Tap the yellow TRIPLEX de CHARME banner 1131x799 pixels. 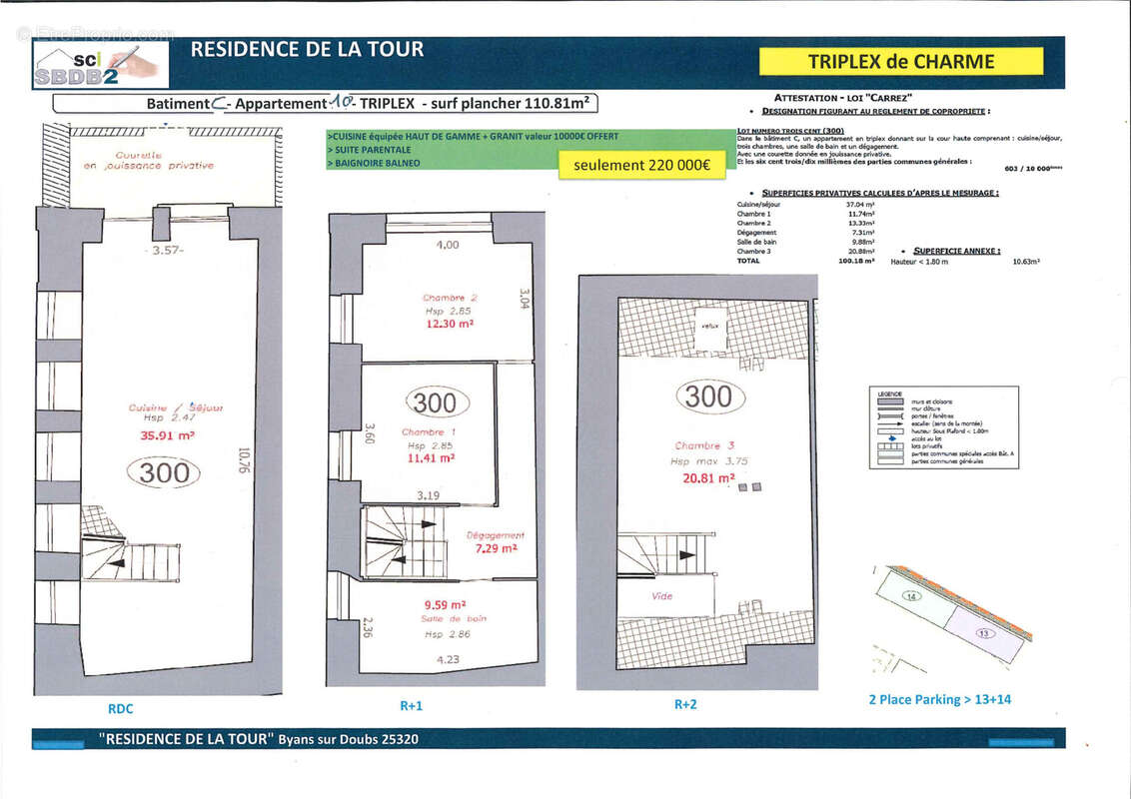pyautogui.click(x=900, y=62)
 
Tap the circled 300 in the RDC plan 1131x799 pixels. pyautogui.click(x=164, y=473)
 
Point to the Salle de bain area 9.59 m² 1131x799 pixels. pyautogui.click(x=445, y=604)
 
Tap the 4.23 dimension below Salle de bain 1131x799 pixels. pyautogui.click(x=449, y=659)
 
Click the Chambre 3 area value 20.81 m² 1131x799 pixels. pyautogui.click(x=705, y=478)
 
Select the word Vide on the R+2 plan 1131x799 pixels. pyautogui.click(x=661, y=596)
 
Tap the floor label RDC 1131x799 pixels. pyautogui.click(x=120, y=709)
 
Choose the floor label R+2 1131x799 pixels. pyautogui.click(x=684, y=704)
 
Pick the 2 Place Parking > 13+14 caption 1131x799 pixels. pyautogui.click(x=939, y=699)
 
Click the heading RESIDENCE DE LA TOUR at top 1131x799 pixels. pyautogui.click(x=307, y=49)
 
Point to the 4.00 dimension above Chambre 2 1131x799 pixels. pyautogui.click(x=448, y=245)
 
